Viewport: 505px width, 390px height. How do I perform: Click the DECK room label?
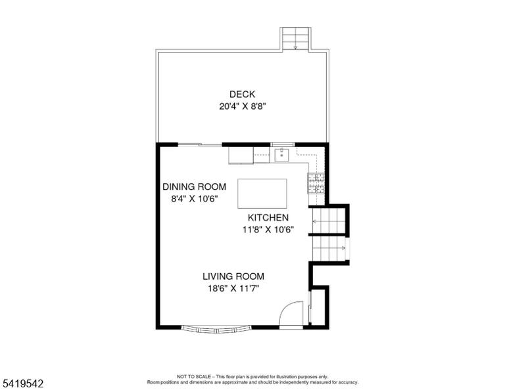(x=242, y=94)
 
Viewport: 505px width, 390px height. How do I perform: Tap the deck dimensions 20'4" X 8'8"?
(x=242, y=106)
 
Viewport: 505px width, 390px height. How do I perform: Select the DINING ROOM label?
(x=194, y=186)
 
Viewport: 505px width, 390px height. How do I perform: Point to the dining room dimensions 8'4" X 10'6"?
(x=195, y=199)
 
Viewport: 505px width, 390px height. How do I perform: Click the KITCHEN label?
(x=268, y=218)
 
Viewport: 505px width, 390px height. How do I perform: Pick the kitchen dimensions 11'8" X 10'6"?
(x=268, y=230)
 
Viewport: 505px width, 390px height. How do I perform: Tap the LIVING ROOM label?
(x=233, y=276)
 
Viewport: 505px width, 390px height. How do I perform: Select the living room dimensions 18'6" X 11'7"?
(x=233, y=288)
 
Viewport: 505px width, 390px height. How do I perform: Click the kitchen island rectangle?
(x=262, y=194)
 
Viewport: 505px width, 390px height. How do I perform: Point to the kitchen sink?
(x=282, y=155)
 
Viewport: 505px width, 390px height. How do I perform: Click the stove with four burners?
(x=316, y=183)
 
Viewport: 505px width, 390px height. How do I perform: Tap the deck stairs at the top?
(x=296, y=39)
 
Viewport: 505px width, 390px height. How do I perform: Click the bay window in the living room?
(x=216, y=329)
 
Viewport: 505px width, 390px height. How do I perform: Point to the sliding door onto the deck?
(x=200, y=145)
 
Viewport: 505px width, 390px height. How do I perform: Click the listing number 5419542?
(x=22, y=383)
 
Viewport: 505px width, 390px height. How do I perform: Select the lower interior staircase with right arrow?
(x=329, y=248)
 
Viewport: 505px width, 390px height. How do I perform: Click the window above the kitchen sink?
(x=283, y=144)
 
